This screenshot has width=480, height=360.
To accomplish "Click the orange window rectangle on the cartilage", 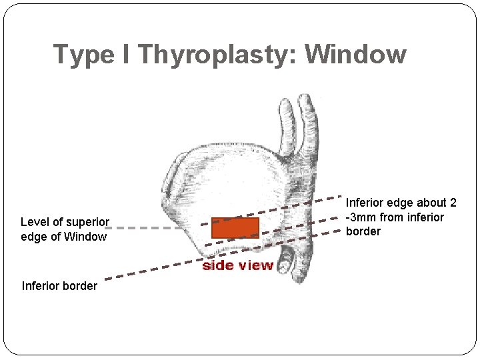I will [x=235, y=227].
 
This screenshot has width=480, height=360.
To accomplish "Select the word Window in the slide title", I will [x=356, y=54].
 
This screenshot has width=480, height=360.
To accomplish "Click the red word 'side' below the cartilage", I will [x=218, y=265].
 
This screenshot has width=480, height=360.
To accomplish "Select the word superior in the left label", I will [x=87, y=222].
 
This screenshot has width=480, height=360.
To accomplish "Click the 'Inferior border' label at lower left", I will [x=59, y=286].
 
